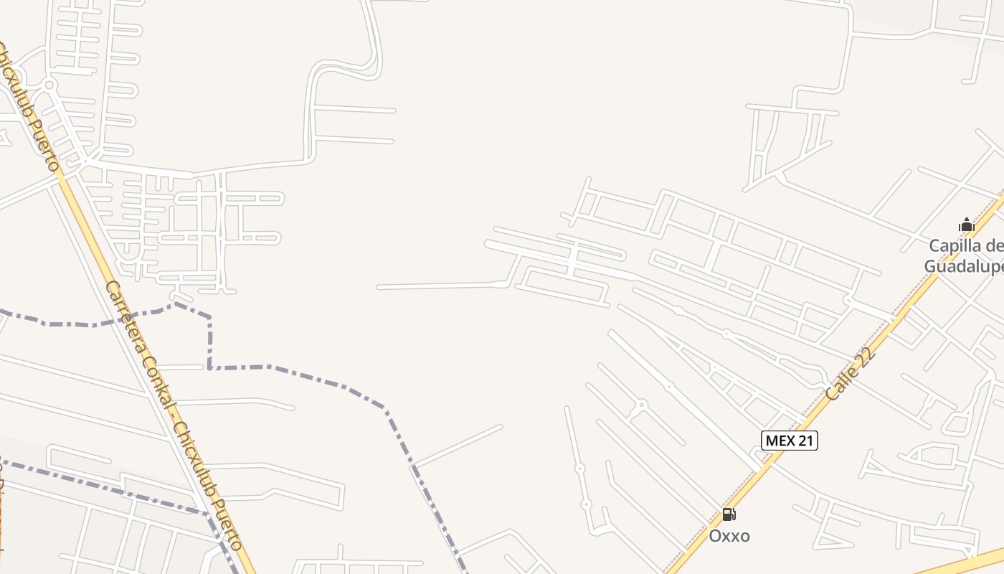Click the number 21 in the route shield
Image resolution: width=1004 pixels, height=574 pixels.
805,441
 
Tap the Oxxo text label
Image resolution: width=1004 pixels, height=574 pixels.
729,536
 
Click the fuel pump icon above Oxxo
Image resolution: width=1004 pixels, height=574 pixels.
729,514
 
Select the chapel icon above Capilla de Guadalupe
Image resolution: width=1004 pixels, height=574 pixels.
967,225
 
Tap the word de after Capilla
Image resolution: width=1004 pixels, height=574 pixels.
995,246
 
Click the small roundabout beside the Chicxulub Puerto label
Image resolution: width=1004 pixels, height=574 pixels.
49,85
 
